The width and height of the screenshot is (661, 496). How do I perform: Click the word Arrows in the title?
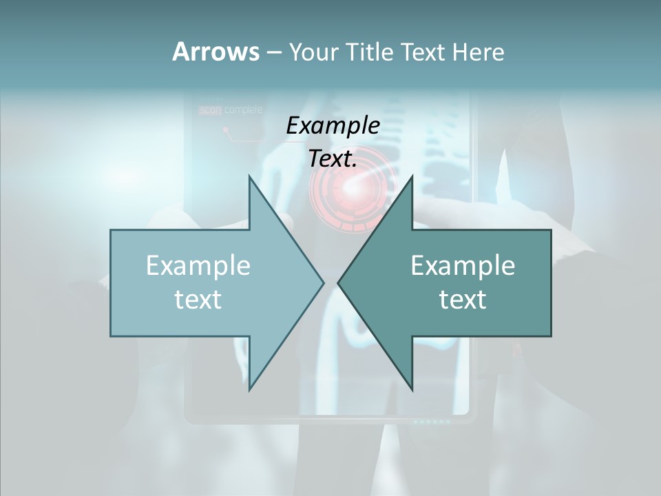point(215,52)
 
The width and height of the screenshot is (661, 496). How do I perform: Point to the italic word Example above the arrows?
point(333,125)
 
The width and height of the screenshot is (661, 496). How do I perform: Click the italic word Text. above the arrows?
point(333,158)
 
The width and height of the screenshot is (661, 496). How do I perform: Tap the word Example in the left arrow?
point(198,265)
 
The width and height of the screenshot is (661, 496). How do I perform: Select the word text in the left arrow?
point(198,299)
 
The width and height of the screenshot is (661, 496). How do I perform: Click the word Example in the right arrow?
point(463,265)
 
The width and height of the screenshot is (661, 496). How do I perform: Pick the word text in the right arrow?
point(463,299)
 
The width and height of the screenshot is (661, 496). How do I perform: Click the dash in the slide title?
point(273,52)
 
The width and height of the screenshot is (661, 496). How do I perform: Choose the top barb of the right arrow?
point(411,180)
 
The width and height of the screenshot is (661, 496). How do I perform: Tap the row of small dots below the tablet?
point(431,421)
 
